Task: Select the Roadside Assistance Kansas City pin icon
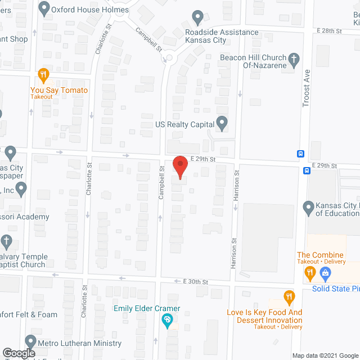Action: (197, 17)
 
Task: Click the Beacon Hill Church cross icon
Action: (293, 58)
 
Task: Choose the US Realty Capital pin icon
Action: (222, 122)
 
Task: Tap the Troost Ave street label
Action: (307, 84)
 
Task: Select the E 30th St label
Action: (196, 281)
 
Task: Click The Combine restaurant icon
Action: (309, 273)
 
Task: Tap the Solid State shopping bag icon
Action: (325, 273)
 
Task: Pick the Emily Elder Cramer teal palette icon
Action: (167, 321)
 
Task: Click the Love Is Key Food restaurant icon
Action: (289, 296)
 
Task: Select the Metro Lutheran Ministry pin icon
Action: (30, 341)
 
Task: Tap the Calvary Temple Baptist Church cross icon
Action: (6, 241)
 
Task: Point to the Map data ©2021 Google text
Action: (325, 355)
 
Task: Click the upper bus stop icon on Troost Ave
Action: (301, 154)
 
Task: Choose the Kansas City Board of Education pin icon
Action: (308, 208)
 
